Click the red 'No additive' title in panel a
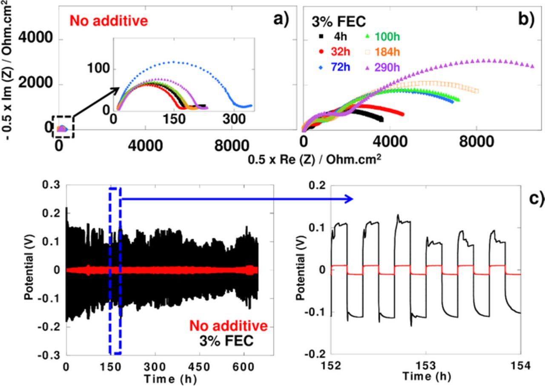(109, 20)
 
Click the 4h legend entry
(334, 36)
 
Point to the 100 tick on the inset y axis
(98, 68)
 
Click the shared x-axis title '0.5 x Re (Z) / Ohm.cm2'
(314, 159)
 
